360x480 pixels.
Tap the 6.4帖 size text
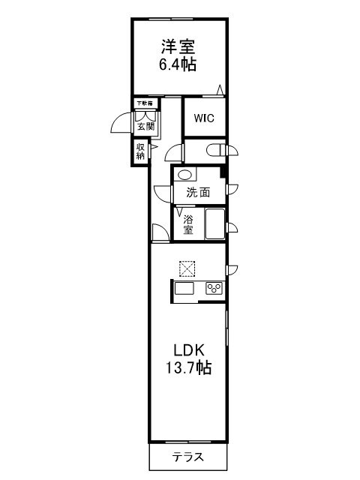pos(177,64)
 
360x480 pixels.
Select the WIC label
pos(203,118)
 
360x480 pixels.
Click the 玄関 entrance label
pos(145,127)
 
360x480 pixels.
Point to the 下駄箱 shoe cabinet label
pos(144,103)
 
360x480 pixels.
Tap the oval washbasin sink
pos(184,175)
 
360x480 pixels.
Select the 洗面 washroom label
pos(197,193)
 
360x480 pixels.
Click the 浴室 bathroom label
pos(188,224)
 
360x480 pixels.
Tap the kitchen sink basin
pos(184,288)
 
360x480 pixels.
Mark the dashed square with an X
pos(187,268)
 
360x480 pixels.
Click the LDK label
pos(189,350)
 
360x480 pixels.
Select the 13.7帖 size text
pos(187,368)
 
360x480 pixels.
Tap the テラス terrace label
pos(187,457)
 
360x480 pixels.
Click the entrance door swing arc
pos(121,122)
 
